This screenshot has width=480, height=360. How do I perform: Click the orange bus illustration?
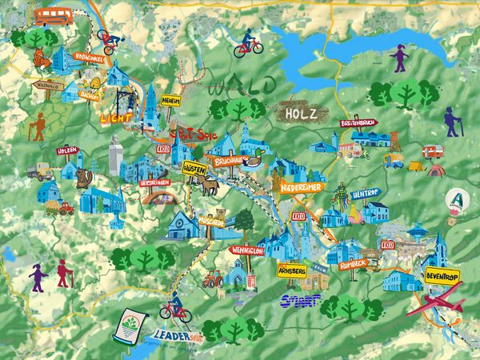pyautogui.click(x=54, y=14)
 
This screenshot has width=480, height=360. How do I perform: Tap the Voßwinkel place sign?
pyautogui.click(x=88, y=57)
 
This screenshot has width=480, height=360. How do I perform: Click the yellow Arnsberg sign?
pyautogui.click(x=291, y=271)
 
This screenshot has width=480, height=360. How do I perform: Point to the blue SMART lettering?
pyautogui.click(x=301, y=301)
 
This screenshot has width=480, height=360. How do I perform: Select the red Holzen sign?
pyautogui.click(x=66, y=150)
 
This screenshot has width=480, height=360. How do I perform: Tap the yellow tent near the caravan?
pyautogui.click(x=417, y=166)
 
